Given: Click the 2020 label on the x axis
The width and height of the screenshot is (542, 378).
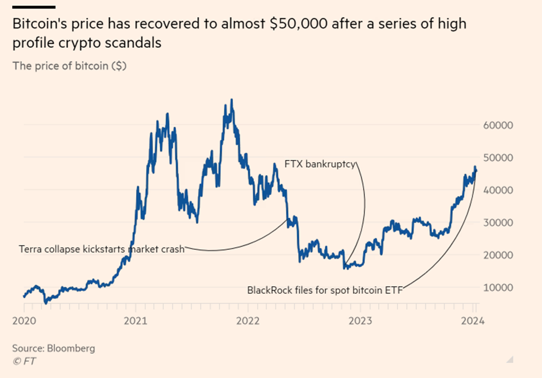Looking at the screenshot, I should click(23, 321).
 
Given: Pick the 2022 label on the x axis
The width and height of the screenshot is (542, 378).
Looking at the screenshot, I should click(249, 321).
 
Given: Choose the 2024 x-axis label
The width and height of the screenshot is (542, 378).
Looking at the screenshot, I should click(475, 321).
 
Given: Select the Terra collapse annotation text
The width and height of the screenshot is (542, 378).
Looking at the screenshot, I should click(101, 249).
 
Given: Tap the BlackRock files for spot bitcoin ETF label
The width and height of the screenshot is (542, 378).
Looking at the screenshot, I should click(325, 290).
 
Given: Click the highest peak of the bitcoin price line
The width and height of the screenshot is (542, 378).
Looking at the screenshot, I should click(232, 100).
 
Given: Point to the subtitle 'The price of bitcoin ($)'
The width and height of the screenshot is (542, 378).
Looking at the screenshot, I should click(70, 65).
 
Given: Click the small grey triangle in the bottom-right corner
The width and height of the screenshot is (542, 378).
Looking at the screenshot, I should click(509, 360).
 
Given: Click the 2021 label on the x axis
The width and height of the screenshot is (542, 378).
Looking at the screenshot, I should click(135, 321).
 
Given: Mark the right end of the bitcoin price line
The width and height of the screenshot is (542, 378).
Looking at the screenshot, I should click(476, 170).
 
